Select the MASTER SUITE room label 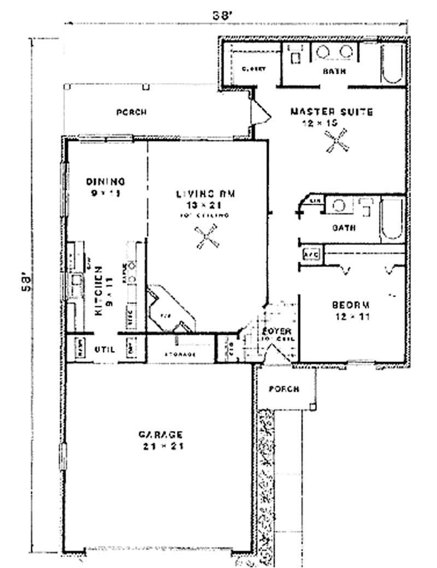tap(331, 112)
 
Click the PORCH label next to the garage tap(284, 389)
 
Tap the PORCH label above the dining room tap(132, 113)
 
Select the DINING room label tap(107, 181)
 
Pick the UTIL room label tap(104, 348)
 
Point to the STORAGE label tap(180, 354)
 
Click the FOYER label tap(276, 332)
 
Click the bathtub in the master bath tap(392, 63)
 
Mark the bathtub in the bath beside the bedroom tap(392, 220)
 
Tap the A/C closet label tap(310, 255)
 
